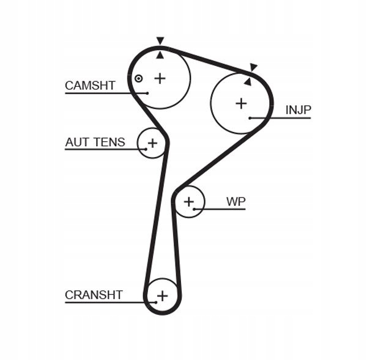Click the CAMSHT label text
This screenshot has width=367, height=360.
pyautogui.click(x=90, y=86)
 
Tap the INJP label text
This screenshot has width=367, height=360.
pyautogui.click(x=298, y=110)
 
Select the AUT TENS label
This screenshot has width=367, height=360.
pyautogui.click(x=95, y=142)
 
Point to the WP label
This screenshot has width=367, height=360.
pyautogui.click(x=236, y=202)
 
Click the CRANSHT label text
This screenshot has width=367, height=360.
pyautogui.click(x=94, y=295)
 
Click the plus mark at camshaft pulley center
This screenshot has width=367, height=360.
pyautogui.click(x=160, y=78)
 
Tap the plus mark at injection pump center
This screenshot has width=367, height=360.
pyautogui.click(x=242, y=104)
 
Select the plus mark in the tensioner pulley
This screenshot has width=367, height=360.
pyautogui.click(x=152, y=143)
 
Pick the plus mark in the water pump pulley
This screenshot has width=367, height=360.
pyautogui.click(x=189, y=202)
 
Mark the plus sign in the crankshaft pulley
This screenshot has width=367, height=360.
pyautogui.click(x=163, y=296)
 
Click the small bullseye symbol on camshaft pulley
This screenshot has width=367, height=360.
pyautogui.click(x=139, y=79)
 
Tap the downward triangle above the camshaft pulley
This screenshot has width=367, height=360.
pyautogui.click(x=160, y=40)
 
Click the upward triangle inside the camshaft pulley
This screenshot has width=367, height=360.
pyautogui.click(x=160, y=55)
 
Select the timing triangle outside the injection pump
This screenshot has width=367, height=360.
pyautogui.click(x=253, y=67)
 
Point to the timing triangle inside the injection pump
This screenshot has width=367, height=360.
pyautogui.click(x=248, y=82)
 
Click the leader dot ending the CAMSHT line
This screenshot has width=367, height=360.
pyautogui.click(x=147, y=93)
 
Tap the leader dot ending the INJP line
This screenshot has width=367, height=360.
pyautogui.click(x=250, y=118)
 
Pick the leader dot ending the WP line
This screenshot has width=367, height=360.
pyautogui.click(x=195, y=209)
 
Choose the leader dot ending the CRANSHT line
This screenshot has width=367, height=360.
pyautogui.click(x=156, y=303)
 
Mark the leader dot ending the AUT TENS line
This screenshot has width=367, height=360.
pyautogui.click(x=146, y=149)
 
